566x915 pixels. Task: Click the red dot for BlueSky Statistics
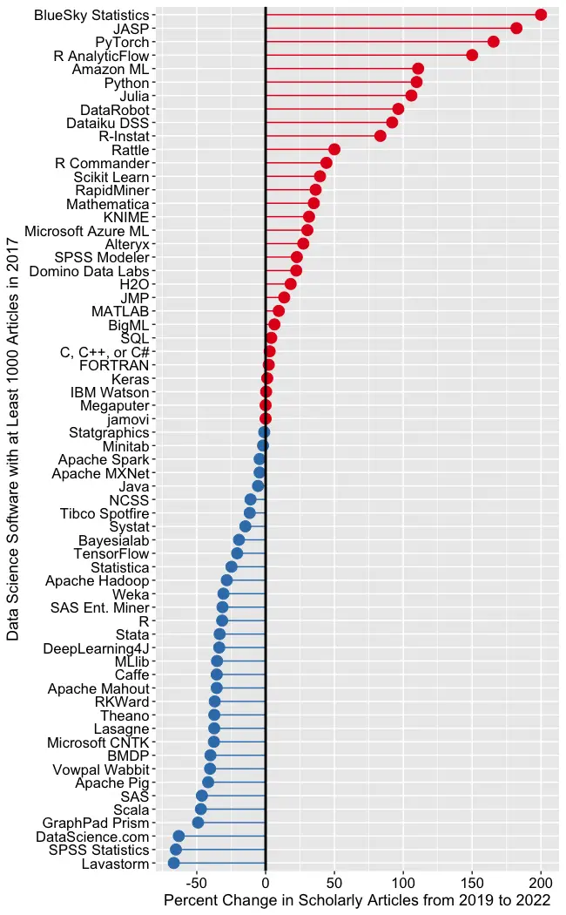(x=541, y=15)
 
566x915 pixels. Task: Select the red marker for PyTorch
(x=494, y=42)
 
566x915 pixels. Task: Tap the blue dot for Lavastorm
(x=174, y=863)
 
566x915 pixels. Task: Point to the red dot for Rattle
(x=334, y=150)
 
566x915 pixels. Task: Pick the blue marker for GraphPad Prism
(x=199, y=823)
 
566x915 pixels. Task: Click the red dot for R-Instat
(x=381, y=136)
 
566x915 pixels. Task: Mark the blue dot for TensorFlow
(x=237, y=553)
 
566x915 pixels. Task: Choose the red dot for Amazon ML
(x=418, y=69)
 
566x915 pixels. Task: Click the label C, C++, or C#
(x=104, y=352)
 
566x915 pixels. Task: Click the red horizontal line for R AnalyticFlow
(x=366, y=55)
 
